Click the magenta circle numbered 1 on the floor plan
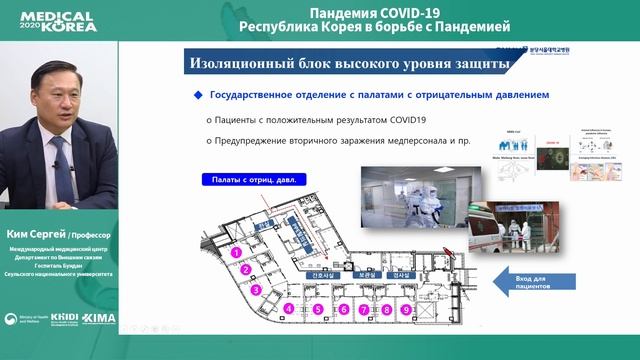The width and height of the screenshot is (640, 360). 235,254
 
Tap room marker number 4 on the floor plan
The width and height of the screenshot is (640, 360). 289,310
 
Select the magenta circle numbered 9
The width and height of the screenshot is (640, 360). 405,310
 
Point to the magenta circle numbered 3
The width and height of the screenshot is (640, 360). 256,291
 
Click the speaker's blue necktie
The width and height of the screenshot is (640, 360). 58,160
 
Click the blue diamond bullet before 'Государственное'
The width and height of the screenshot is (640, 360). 198,95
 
